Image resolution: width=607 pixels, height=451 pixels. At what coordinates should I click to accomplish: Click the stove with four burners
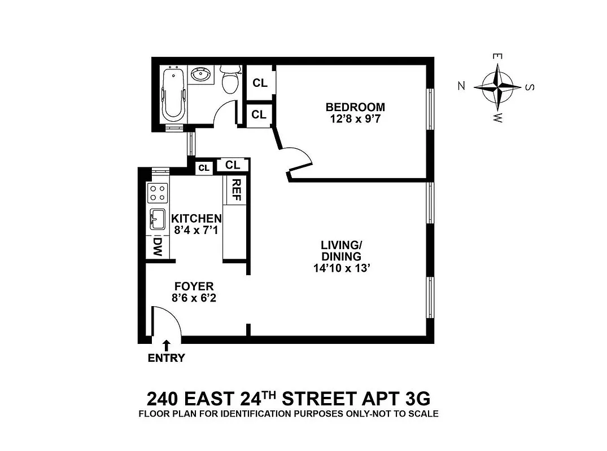point(158,193)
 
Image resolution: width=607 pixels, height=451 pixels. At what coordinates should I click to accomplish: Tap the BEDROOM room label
point(355,107)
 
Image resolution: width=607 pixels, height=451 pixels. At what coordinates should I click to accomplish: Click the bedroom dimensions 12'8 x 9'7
point(355,119)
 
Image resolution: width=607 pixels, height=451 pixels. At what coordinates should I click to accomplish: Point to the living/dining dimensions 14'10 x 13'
point(341,268)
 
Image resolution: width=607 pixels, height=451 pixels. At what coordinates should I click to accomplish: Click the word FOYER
point(194,287)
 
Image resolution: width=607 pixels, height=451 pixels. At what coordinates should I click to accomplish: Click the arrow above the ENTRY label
point(167,345)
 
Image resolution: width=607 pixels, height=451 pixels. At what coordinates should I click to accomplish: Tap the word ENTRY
point(166,357)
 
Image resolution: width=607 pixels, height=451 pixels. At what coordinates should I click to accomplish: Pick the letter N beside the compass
point(461,86)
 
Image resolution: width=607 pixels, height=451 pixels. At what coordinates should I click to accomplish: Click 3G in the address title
point(417,399)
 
